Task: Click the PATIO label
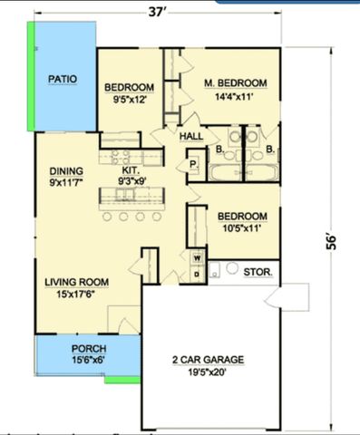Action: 63,79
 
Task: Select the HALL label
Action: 191,136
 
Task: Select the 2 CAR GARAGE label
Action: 209,359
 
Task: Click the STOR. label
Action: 258,270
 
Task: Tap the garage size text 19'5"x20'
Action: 209,372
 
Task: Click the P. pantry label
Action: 193,165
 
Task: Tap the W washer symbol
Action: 196,257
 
